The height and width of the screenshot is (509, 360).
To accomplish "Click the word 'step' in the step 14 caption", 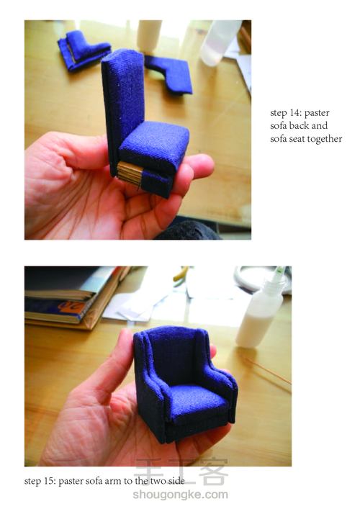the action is point(277,113).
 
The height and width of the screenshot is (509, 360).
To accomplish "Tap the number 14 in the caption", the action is point(294,112).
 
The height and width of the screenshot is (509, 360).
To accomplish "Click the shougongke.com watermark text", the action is point(180,495).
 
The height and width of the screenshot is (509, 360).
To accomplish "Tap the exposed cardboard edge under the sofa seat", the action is point(130,174).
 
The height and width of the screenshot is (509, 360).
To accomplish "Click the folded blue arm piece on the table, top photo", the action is point(84,50).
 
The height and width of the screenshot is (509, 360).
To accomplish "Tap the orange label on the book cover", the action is point(72,307).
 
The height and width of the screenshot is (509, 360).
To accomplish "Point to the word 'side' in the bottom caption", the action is point(176,481).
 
